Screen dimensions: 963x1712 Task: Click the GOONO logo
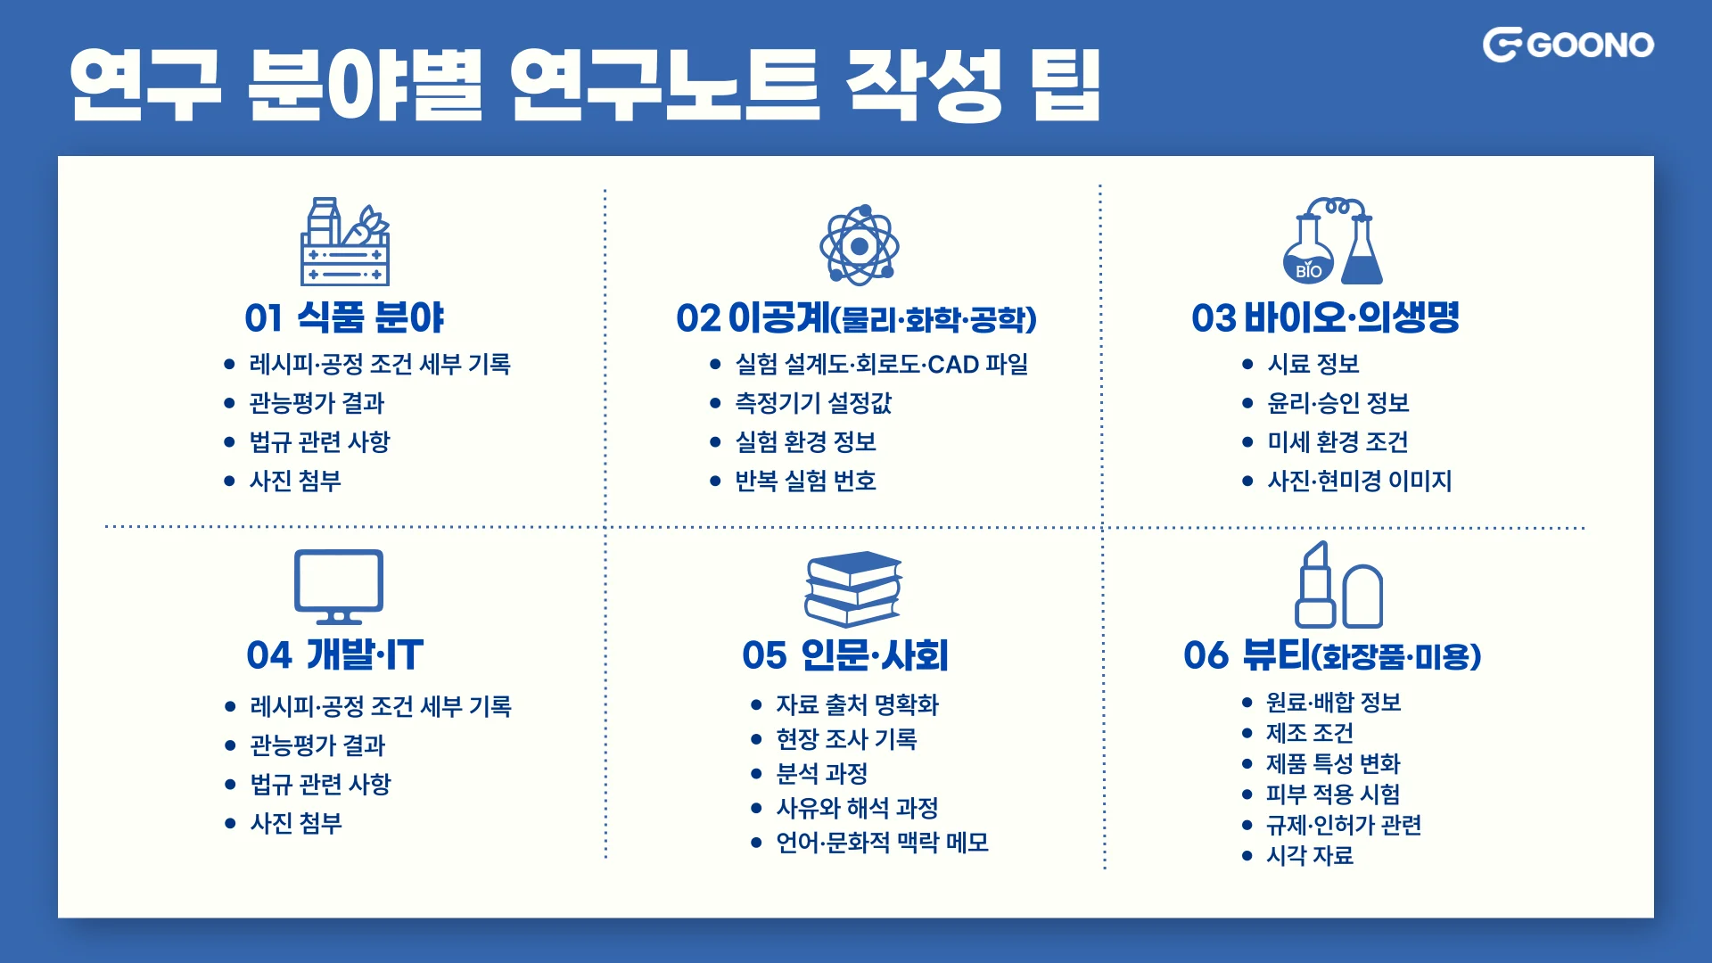pyautogui.click(x=1568, y=45)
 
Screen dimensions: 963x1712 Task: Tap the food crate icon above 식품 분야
pyautogui.click(x=345, y=242)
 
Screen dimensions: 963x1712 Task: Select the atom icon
pyautogui.click(x=859, y=245)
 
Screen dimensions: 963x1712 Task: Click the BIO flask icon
pyautogui.click(x=1332, y=242)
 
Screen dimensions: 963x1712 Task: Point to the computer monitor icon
pyautogui.click(x=339, y=586)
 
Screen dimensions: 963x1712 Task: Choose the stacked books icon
pyautogui.click(x=853, y=588)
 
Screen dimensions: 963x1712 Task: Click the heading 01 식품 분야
pyautogui.click(x=344, y=317)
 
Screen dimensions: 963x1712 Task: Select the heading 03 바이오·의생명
pyautogui.click(x=1325, y=317)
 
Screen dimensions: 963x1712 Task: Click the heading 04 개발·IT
pyautogui.click(x=335, y=655)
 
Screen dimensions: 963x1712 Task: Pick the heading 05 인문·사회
pyautogui.click(x=845, y=655)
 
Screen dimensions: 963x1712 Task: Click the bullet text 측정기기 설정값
pyautogui.click(x=812, y=403)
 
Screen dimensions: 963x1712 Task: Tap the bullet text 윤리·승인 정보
pyautogui.click(x=1337, y=403)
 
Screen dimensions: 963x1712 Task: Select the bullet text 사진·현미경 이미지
pyautogui.click(x=1359, y=481)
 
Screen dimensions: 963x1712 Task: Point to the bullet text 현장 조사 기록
pyautogui.click(x=846, y=739)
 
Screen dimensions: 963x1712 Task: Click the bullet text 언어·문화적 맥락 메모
pyautogui.click(x=882, y=843)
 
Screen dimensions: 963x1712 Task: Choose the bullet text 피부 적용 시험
pyautogui.click(x=1332, y=794)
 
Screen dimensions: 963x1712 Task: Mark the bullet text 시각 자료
pyautogui.click(x=1309, y=856)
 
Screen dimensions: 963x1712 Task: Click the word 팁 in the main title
pyautogui.click(x=1065, y=85)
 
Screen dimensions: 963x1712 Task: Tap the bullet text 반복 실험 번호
pyautogui.click(x=805, y=481)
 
